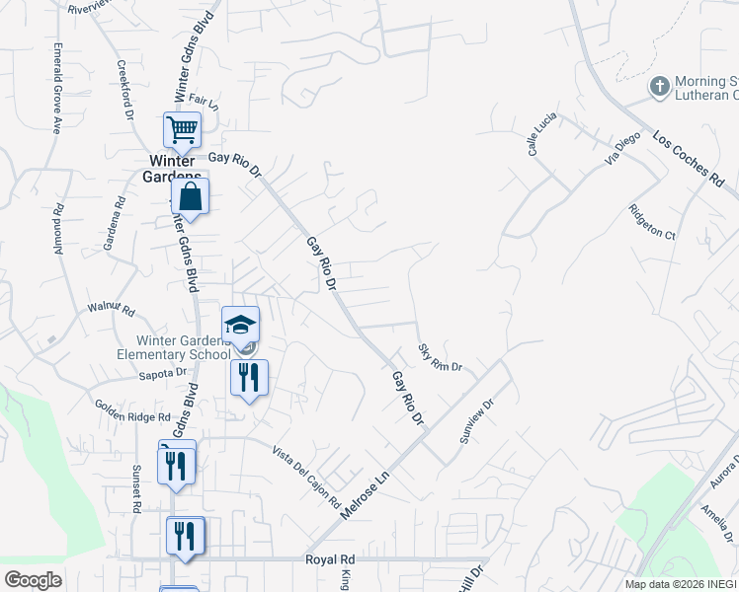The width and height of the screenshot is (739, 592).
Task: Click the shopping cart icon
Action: coord(182,128)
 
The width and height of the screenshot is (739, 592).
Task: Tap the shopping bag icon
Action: coord(190,195)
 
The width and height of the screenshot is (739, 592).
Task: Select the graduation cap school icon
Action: coord(239,324)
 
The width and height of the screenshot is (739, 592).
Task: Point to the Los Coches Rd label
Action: coord(689,158)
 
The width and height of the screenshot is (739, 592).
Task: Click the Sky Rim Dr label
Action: coord(440,358)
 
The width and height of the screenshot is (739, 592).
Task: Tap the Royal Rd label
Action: coord(329,559)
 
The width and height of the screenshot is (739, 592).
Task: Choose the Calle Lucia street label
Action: coord(542,134)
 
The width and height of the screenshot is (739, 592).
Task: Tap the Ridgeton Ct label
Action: coord(651,222)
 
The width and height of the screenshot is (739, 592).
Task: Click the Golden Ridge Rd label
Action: coord(132,411)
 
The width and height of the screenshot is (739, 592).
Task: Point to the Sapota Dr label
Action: coord(163,373)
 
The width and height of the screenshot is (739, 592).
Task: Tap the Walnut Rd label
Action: coord(110,309)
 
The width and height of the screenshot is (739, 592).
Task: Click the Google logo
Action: coord(33,580)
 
